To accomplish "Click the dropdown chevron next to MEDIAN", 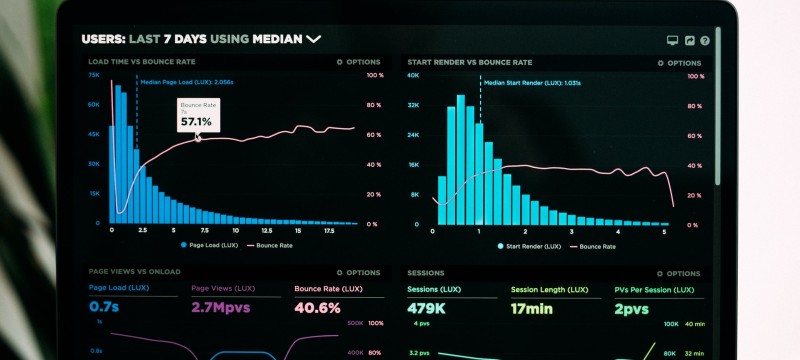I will pos(314,39).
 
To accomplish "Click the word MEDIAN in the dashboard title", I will pos(278,39).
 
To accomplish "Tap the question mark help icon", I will pos(705,41).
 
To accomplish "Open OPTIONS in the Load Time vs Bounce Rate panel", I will pos(359,62).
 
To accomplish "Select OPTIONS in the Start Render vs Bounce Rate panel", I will pos(679,62).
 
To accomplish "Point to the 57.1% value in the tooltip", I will pos(196,122).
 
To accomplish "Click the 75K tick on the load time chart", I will pos(93,75).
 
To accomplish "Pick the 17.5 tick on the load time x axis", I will pos(329,230).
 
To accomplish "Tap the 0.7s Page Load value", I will pos(104,308).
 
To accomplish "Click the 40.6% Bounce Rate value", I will pos(318,308).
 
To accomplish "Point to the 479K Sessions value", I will pos(426,309).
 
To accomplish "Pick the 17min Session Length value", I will pos(532,309).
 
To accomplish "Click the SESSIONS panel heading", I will pos(425,272).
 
